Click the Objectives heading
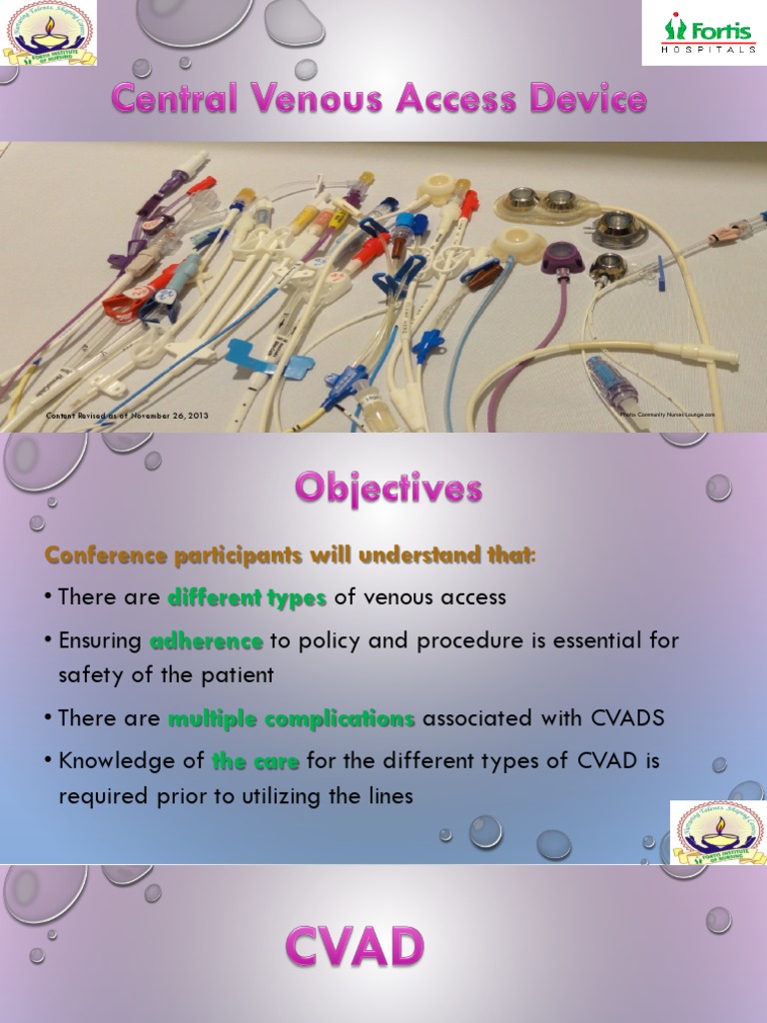(388, 489)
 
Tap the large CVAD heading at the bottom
(355, 946)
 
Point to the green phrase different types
(248, 597)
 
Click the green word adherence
(206, 640)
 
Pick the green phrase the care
(256, 761)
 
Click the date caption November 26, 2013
(169, 414)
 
